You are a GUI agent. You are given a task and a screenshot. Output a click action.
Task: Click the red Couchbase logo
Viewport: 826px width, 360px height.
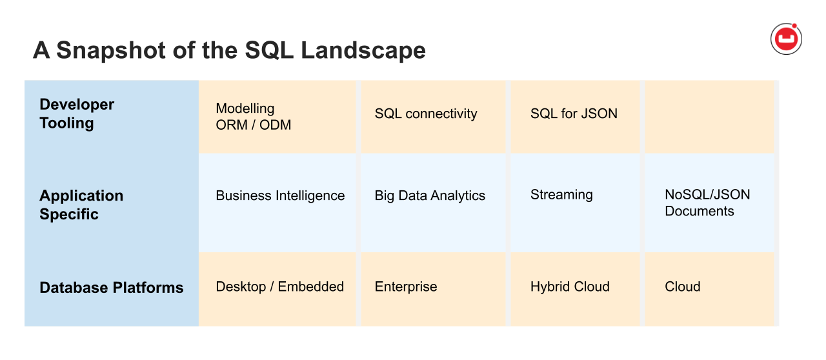click(x=786, y=39)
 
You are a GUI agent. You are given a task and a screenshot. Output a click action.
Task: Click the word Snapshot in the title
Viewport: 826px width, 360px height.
click(x=111, y=50)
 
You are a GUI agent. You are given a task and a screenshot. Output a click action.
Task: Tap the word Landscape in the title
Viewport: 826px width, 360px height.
click(x=363, y=50)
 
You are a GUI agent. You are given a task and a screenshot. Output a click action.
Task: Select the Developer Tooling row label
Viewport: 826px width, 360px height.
click(x=77, y=114)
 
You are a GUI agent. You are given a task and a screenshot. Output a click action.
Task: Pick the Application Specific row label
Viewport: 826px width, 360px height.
click(x=81, y=205)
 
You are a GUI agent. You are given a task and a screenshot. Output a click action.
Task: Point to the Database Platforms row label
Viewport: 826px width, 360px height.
click(x=112, y=288)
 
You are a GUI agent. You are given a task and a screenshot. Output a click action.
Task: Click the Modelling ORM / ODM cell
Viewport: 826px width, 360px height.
click(x=277, y=117)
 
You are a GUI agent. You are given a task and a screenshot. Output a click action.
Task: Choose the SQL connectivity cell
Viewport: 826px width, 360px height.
click(x=433, y=117)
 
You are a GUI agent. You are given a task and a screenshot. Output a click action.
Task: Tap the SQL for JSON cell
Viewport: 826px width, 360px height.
click(x=575, y=117)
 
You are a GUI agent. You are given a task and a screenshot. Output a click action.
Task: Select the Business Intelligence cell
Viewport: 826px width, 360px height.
click(x=277, y=203)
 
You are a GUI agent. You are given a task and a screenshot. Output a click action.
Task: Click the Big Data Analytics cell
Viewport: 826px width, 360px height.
click(x=433, y=203)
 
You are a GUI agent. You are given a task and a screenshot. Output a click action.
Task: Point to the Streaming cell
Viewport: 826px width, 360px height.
click(x=575, y=203)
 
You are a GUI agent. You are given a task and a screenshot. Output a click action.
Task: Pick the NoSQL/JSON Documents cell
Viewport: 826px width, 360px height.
click(x=709, y=203)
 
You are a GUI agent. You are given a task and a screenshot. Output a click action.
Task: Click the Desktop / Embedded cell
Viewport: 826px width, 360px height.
click(x=277, y=289)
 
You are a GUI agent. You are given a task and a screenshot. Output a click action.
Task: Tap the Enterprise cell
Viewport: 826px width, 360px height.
click(x=433, y=289)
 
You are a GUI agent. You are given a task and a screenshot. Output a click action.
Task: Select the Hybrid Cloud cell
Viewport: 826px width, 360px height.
click(x=575, y=289)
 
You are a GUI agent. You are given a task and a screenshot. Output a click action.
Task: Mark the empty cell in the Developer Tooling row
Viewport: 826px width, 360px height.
click(x=709, y=117)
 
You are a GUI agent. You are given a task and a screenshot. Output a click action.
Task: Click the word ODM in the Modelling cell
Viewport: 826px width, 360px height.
click(x=275, y=125)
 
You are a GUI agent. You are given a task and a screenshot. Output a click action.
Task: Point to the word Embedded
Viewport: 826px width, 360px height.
click(x=311, y=286)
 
